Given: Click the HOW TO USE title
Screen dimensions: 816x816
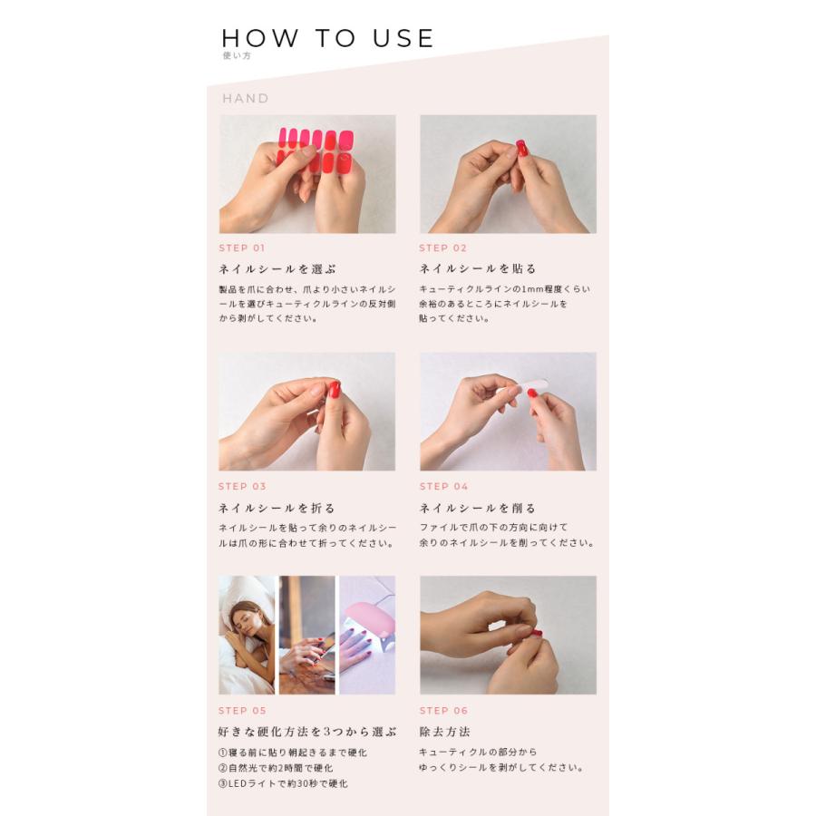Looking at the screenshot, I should (328, 38).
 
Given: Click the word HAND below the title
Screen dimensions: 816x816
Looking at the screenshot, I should (246, 98).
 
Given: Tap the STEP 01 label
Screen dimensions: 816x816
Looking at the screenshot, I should (242, 248).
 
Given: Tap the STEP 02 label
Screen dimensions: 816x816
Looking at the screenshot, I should (443, 248).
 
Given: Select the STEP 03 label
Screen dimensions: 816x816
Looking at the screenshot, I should (242, 487).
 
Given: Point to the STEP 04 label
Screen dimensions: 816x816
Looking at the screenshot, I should (443, 487).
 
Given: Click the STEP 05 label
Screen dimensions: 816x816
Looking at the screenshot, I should (242, 711).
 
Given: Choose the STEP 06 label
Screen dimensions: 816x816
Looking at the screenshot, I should (443, 711).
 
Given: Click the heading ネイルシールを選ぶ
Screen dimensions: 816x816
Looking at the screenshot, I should (277, 268).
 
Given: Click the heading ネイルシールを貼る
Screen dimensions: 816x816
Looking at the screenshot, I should (478, 268).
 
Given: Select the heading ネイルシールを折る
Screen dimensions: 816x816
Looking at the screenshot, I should (277, 508).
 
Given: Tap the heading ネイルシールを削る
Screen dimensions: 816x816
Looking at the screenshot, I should (478, 508).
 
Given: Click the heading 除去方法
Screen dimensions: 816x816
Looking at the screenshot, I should (444, 732).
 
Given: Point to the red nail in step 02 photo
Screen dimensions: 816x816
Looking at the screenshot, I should (521, 148).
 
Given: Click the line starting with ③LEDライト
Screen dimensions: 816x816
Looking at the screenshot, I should (283, 783).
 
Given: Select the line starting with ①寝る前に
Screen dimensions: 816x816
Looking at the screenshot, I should (292, 753).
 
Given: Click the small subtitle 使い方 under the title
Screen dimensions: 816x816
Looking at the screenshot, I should (236, 56).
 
